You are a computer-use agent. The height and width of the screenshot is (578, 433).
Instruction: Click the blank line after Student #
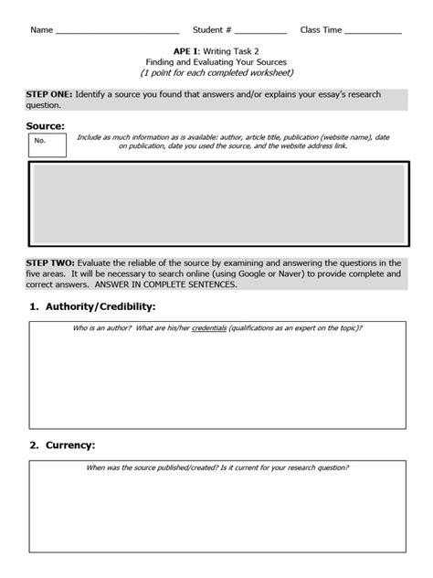coord(259,31)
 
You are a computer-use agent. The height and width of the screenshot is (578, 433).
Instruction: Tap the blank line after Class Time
coord(373,31)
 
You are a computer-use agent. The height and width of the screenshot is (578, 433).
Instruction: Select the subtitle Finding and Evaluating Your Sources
coord(216,61)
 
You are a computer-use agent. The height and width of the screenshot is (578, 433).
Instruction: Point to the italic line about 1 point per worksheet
coord(216,72)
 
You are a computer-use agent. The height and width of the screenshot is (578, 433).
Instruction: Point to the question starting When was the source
coord(216,467)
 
